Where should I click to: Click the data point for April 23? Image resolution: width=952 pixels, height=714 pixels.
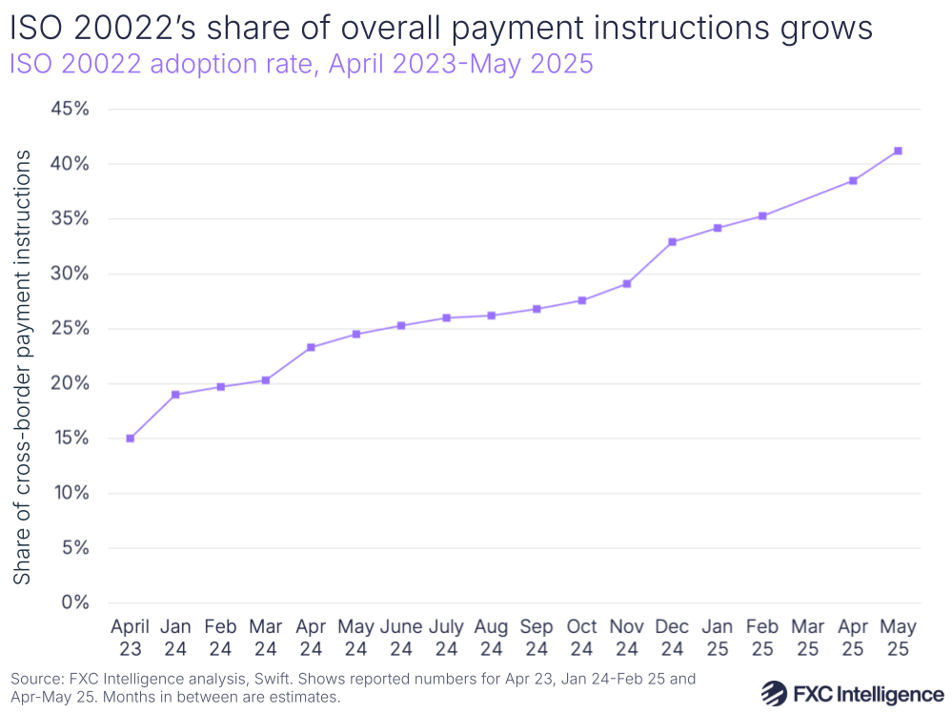[x=130, y=439]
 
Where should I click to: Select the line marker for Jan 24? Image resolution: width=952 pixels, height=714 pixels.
[x=175, y=395]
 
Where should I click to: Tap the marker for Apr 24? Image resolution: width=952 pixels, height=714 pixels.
[x=311, y=347]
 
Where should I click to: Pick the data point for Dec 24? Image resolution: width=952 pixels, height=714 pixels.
[x=672, y=242]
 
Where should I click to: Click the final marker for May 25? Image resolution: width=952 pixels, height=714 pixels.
[x=898, y=151]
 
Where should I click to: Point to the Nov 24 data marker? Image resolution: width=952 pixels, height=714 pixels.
[x=627, y=284]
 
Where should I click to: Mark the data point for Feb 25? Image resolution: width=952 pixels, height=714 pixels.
[x=762, y=216]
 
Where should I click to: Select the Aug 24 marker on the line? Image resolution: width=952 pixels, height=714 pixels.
[x=492, y=316]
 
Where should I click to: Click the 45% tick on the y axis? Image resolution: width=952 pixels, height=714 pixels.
[x=69, y=110]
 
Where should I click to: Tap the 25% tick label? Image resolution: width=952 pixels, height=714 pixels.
[x=69, y=329]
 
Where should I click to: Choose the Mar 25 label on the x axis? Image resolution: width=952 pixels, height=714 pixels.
[x=807, y=638]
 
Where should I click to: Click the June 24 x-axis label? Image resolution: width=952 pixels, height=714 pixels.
[x=401, y=638]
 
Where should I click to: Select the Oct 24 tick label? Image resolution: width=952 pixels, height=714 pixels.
[x=581, y=638]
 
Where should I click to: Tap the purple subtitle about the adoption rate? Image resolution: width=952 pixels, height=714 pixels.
[x=302, y=65]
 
